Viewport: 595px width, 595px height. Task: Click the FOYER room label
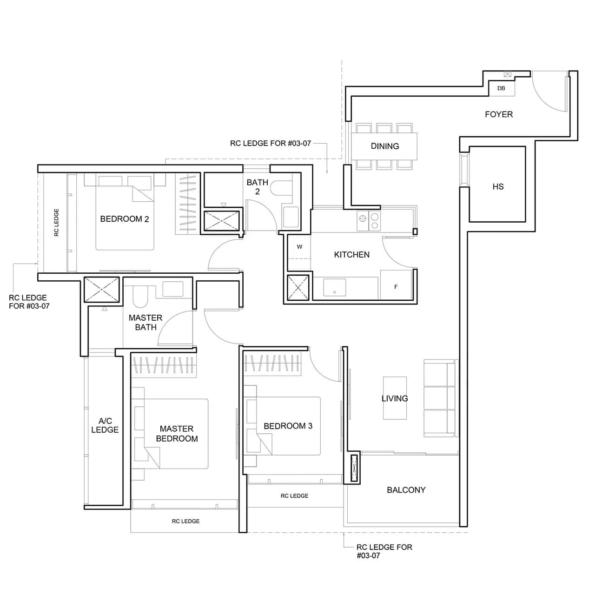499,114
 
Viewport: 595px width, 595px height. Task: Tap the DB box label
501,88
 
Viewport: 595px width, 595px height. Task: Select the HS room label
498,187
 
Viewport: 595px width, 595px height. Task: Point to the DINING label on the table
385,146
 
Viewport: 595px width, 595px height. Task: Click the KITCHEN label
352,255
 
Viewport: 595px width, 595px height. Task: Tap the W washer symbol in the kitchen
299,247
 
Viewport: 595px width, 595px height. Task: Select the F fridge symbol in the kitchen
396,287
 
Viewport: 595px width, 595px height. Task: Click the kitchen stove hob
368,221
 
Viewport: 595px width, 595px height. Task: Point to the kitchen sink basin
335,288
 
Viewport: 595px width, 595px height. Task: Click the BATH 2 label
258,187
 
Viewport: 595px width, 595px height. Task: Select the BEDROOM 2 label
125,219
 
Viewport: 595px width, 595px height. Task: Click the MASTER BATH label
145,323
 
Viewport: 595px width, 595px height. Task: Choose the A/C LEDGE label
105,425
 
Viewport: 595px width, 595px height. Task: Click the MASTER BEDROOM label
177,434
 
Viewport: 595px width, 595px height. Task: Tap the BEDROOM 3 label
288,426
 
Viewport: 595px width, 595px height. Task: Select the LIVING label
395,398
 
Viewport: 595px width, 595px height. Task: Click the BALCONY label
406,490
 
